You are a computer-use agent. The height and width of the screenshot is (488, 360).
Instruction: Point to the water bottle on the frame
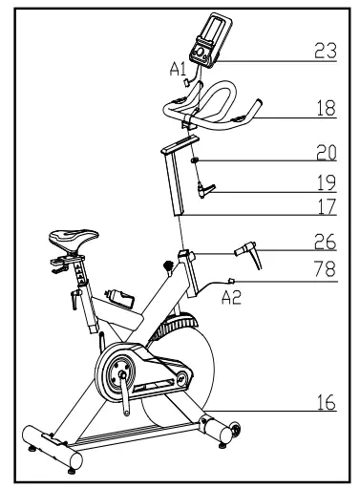coord(122,293)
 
